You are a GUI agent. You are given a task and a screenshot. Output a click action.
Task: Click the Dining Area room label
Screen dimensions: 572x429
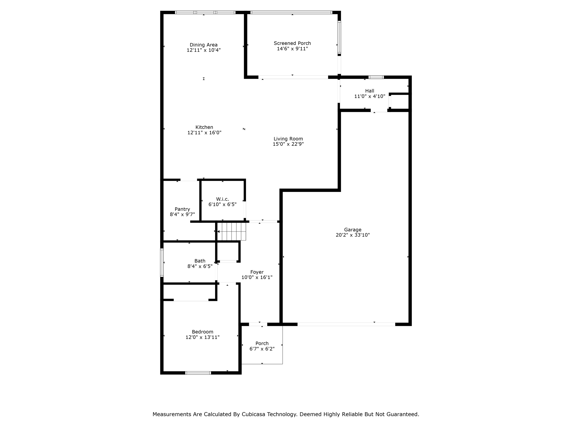click(x=204, y=45)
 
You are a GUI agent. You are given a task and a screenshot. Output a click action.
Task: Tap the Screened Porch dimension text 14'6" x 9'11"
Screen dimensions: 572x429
click(x=292, y=49)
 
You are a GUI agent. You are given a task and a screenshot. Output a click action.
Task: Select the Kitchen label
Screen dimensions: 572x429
click(x=204, y=127)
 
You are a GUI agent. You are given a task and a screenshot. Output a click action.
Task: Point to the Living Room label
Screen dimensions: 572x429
click(x=288, y=139)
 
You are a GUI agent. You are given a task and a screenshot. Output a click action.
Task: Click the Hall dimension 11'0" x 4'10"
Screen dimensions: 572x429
click(x=370, y=96)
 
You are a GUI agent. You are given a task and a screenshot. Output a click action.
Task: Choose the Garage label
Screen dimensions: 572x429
click(x=353, y=230)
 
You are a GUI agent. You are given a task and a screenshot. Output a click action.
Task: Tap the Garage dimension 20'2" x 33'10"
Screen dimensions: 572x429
click(x=353, y=235)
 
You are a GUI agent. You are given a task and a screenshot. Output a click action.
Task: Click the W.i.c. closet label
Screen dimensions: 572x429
click(x=223, y=199)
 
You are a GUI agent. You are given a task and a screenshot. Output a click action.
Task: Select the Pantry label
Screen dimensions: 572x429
click(x=182, y=209)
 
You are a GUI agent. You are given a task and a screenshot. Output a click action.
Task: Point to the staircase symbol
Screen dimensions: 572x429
click(x=232, y=232)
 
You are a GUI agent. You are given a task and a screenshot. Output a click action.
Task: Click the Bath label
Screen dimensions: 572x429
click(x=200, y=261)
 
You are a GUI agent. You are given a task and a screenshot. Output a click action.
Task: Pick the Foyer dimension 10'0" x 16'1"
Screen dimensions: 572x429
click(x=257, y=277)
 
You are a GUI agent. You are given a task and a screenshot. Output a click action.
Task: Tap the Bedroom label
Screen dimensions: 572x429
click(x=202, y=332)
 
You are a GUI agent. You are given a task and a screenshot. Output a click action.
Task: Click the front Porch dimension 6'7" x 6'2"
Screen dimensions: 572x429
click(x=262, y=349)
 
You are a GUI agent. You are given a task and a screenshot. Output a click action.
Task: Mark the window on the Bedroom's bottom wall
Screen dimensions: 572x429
click(x=198, y=373)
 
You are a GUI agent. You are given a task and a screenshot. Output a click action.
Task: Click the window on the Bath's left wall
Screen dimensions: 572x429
click(x=162, y=263)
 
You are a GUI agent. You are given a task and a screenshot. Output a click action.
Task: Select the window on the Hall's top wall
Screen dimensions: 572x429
click(x=376, y=77)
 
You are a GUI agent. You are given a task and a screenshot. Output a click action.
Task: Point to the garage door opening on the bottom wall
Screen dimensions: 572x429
click(x=346, y=324)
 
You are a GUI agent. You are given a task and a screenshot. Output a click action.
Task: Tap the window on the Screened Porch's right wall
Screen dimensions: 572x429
click(x=339, y=37)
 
